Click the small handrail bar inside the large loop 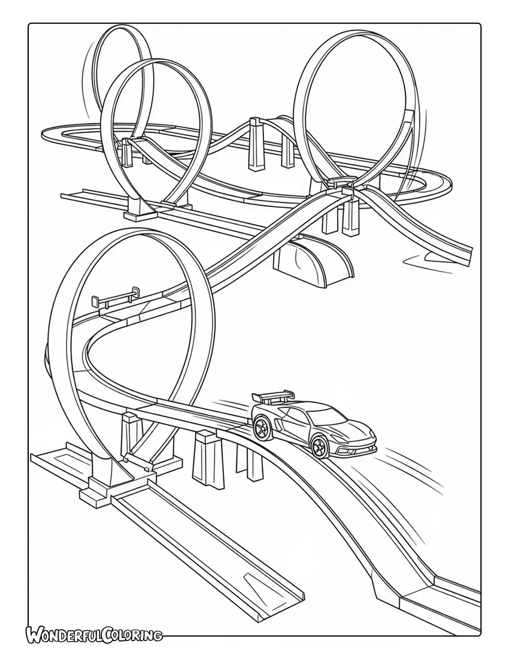pos(114,296)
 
